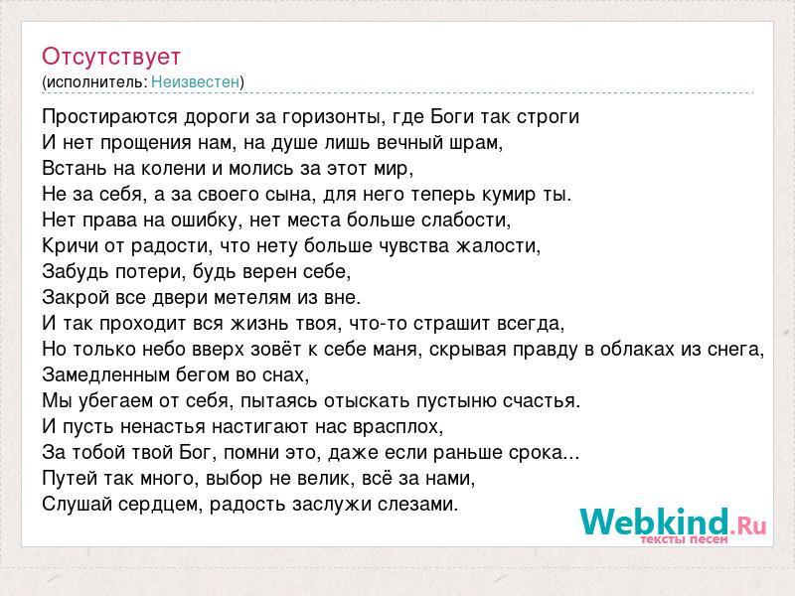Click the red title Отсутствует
pos(111,57)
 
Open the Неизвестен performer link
pos(195,81)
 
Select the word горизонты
pos(331,117)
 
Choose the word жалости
pos(499,245)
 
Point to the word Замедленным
pos(105,375)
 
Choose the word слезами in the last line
pos(417,505)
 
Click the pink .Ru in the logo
pos(748,525)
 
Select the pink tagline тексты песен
pos(684,539)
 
